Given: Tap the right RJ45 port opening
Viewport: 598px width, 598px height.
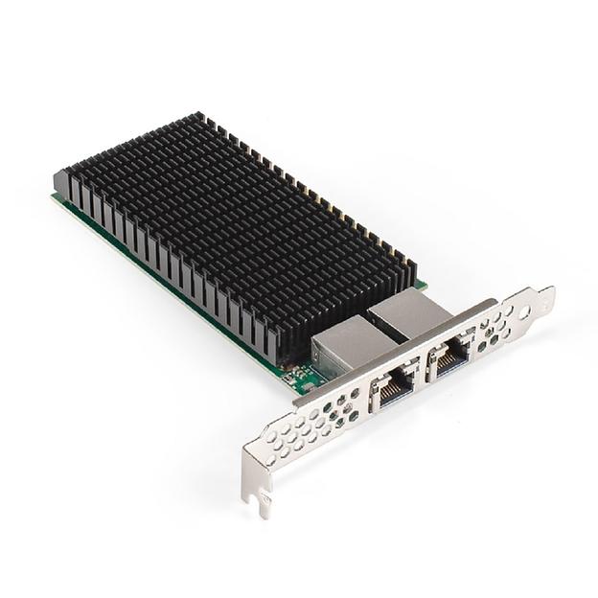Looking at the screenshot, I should pyautogui.click(x=449, y=356).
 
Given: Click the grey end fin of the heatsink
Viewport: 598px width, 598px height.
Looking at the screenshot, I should pyautogui.click(x=61, y=181).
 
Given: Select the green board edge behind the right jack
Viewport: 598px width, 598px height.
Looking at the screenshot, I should pyautogui.click(x=420, y=285).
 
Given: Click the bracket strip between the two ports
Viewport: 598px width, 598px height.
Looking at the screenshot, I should pyautogui.click(x=422, y=373).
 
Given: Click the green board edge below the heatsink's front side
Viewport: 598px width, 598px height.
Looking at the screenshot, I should pyautogui.click(x=172, y=287).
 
